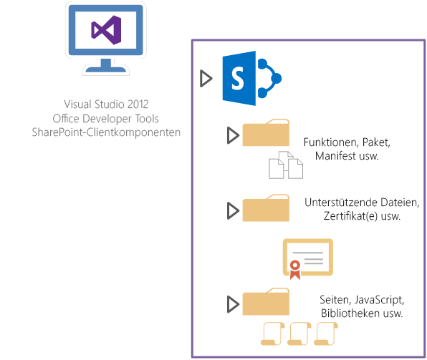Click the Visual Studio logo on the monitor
(x=105, y=29)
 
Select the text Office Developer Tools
(x=106, y=118)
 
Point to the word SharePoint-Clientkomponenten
(x=106, y=132)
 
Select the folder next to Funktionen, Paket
(x=266, y=134)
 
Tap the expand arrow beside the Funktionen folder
(x=232, y=135)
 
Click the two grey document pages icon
(x=285, y=165)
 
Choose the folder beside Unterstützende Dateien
(x=266, y=208)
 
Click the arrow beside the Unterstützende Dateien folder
(x=232, y=210)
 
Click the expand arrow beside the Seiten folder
(x=232, y=304)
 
